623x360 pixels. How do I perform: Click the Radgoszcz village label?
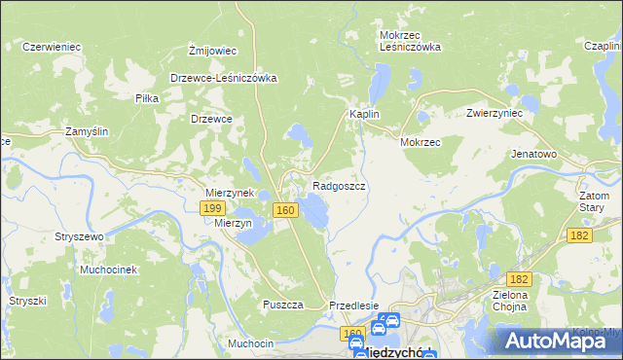point(339,185)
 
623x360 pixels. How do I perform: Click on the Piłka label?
point(147,98)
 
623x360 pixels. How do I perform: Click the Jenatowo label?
point(533,154)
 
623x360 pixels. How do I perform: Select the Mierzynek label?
point(229,193)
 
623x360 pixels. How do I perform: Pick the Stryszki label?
point(28,302)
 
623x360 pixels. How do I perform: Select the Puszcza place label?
point(283,305)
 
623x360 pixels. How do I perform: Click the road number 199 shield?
point(213,208)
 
